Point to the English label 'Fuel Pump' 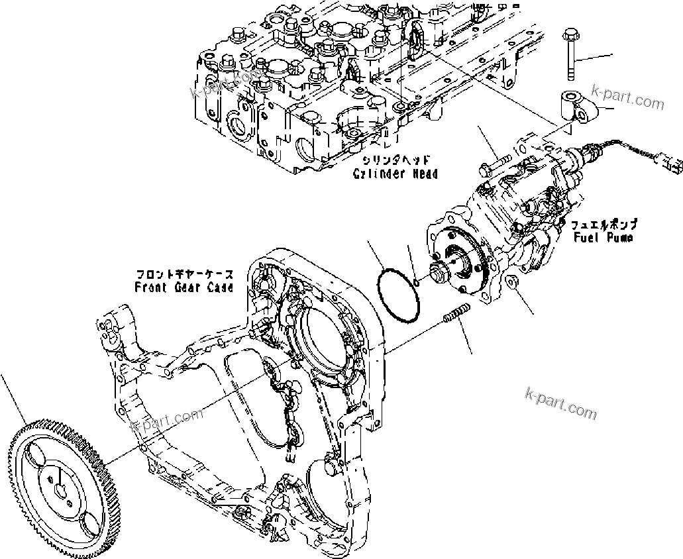pos(604,236)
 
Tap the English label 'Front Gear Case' pos(184,287)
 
